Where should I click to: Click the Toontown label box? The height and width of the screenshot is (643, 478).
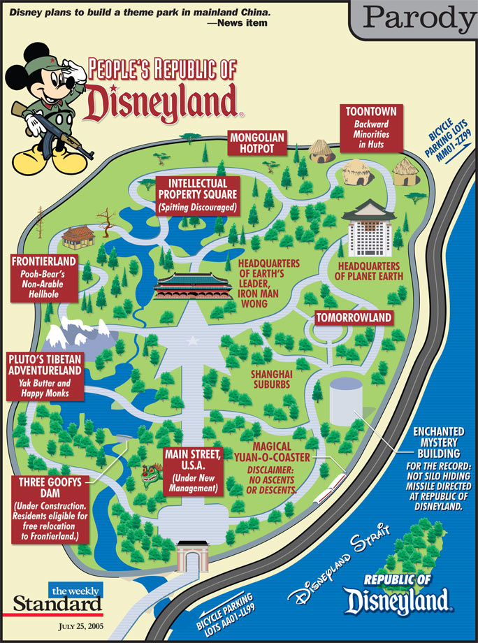tap(370, 129)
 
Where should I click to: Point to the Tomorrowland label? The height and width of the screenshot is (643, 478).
tap(354, 318)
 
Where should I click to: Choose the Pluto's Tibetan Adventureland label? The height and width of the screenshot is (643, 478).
tap(44, 377)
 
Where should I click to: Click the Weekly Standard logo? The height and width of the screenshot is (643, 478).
tap(57, 598)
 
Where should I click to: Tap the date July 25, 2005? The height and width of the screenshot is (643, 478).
tap(80, 627)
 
